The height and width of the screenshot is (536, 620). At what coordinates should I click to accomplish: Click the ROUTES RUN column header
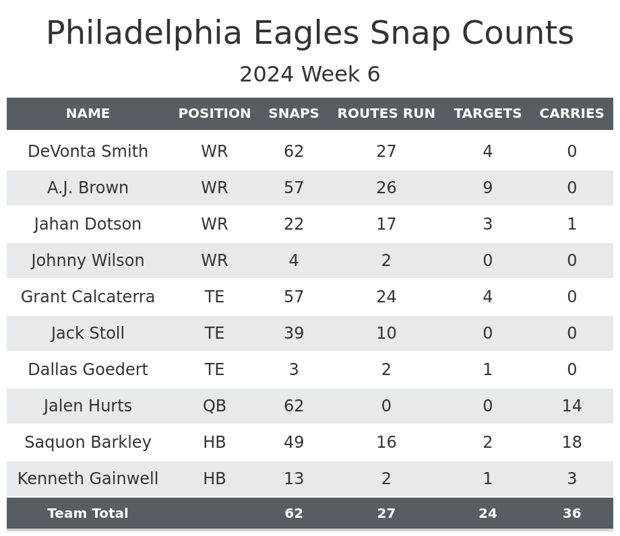[x=386, y=114]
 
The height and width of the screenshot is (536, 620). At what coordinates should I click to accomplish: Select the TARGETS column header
[x=487, y=114]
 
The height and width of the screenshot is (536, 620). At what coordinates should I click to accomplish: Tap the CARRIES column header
[x=571, y=114]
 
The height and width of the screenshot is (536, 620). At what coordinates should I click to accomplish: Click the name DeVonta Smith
[x=88, y=152]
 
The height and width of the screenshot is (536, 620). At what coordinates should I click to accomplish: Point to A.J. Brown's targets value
[x=487, y=188]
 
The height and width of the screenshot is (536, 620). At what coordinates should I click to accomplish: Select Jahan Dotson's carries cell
[x=571, y=224]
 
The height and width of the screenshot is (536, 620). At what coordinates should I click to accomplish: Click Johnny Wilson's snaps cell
[x=294, y=261]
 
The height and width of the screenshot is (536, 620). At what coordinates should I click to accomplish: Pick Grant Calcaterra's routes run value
[x=386, y=297]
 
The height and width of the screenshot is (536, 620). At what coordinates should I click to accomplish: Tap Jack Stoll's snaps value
[x=294, y=333]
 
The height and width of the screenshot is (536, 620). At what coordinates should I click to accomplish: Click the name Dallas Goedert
[x=88, y=370]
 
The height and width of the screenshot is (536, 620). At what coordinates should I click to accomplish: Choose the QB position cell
[x=214, y=406]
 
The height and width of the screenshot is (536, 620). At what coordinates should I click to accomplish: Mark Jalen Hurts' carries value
[x=571, y=406]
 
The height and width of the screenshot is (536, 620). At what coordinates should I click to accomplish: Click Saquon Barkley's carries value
[x=571, y=442]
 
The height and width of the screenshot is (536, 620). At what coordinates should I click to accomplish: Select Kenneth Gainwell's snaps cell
[x=294, y=479]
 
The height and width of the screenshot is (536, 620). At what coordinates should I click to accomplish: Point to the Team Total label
[x=88, y=514]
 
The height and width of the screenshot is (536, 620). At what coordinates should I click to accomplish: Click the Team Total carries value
[x=571, y=514]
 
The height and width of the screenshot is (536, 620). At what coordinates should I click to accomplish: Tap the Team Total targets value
[x=487, y=514]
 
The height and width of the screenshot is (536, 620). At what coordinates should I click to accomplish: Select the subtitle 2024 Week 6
[x=310, y=75]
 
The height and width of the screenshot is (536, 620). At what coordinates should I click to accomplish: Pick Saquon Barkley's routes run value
[x=386, y=442]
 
